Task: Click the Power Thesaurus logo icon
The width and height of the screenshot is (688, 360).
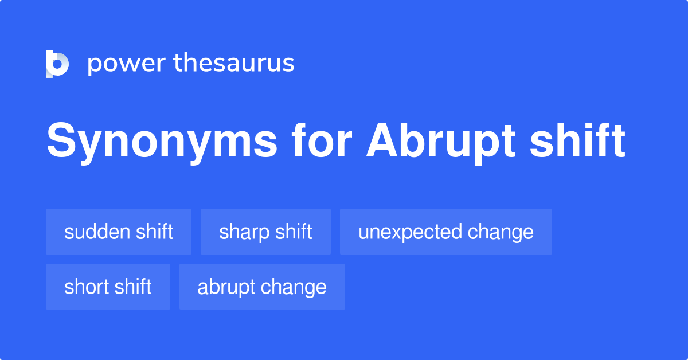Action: pyautogui.click(x=57, y=64)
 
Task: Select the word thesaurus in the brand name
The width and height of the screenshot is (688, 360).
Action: pyautogui.click(x=234, y=63)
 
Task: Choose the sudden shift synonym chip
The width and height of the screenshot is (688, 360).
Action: pyautogui.click(x=119, y=232)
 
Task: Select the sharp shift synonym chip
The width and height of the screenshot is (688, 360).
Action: pyautogui.click(x=265, y=232)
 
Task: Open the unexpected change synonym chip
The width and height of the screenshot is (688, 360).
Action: pyautogui.click(x=445, y=232)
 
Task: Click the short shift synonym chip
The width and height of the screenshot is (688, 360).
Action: pyautogui.click(x=108, y=287)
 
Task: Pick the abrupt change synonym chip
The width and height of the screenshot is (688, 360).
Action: pyautogui.click(x=262, y=287)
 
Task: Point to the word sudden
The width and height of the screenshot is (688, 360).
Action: pyautogui.click(x=97, y=232)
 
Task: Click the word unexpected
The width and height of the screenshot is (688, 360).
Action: pyautogui.click(x=410, y=232)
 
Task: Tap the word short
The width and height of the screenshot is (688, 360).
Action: pyautogui.click(x=85, y=287)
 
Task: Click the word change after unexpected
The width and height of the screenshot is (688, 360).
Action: pyautogui.click(x=501, y=232)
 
